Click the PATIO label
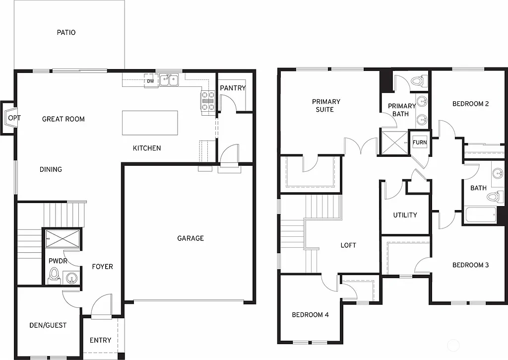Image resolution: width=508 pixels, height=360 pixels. pos(66,33)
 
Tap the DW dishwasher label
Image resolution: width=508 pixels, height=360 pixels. pos(150,80)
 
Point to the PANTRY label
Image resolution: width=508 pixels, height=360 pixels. pos(233,88)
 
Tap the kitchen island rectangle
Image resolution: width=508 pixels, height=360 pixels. pos(150,123)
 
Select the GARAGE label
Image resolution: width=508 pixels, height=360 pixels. pos(190,238)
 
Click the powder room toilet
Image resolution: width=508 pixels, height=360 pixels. pos(54,275)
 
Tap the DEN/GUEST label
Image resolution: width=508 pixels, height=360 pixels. pos(48,325)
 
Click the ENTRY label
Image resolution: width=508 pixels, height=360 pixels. pos(100,340)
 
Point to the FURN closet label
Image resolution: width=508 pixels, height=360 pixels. pos(419,143)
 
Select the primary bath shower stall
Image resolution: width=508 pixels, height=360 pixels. pos(393,142)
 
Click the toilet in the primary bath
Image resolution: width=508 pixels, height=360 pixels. pos(418,81)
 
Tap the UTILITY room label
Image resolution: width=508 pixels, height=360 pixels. pos(405,215)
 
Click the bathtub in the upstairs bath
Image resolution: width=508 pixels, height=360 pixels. pos(480,216)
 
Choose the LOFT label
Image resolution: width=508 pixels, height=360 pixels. pos(348,245)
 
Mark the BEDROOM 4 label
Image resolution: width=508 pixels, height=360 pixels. pos(310,315)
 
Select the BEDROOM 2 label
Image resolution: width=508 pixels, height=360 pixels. pos(470,104)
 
